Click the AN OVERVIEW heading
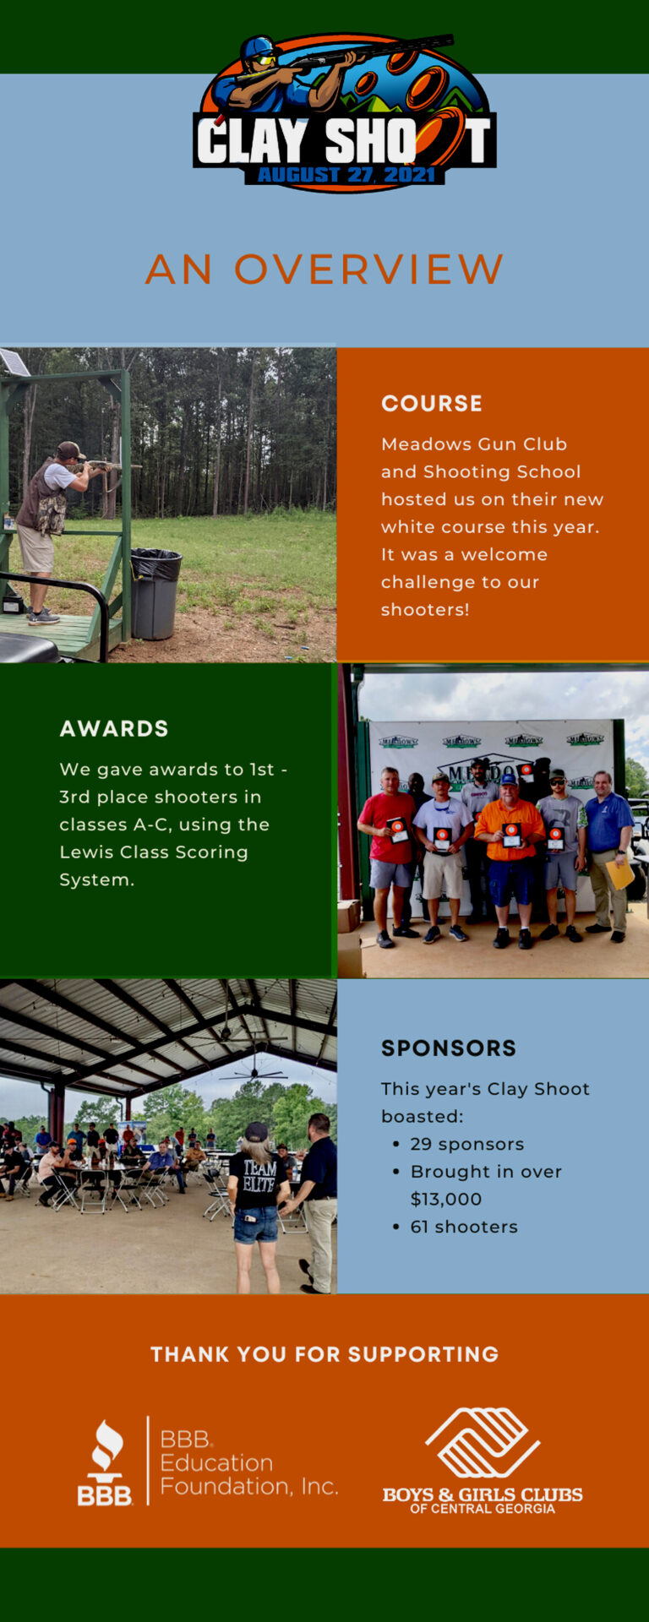[324, 269]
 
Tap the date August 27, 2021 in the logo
[346, 175]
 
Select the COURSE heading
[431, 404]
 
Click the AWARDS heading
[114, 729]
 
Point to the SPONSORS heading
[448, 1048]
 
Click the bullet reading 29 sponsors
[466, 1144]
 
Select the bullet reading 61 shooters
[463, 1227]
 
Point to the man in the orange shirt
[509, 853]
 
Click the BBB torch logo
[106, 1462]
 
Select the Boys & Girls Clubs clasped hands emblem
[483, 1442]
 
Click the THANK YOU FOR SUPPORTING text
[324, 1354]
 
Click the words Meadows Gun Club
[473, 444]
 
